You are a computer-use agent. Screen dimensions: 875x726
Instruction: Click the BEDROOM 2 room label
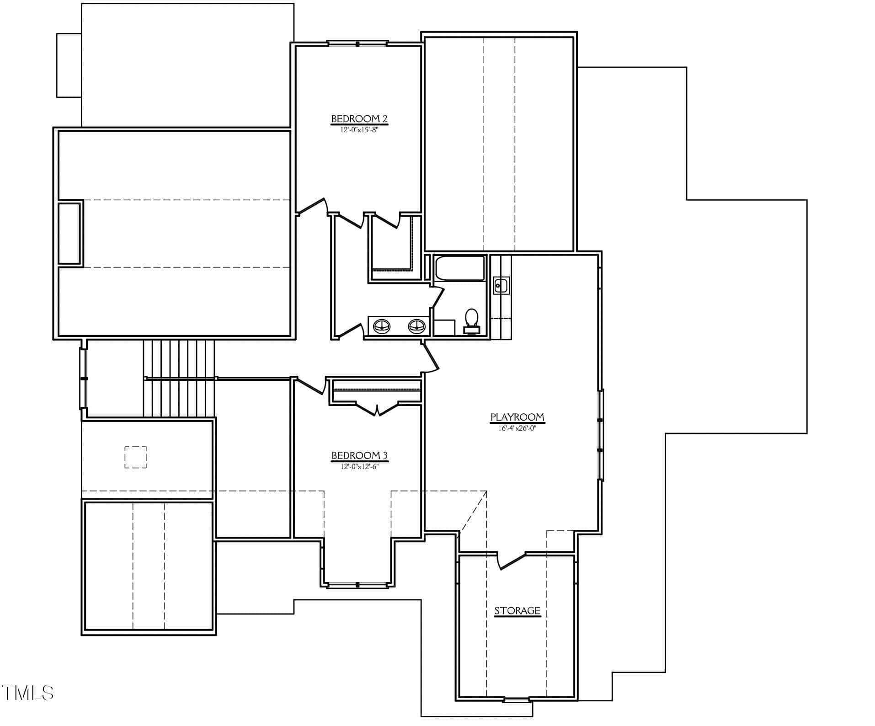pos(359,119)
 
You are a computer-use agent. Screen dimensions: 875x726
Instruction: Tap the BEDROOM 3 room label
pos(359,455)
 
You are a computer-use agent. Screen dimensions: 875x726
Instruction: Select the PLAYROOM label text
pos(517,417)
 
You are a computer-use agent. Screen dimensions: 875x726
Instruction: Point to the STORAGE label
pos(517,611)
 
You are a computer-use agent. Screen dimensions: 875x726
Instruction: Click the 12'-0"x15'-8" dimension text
pos(359,129)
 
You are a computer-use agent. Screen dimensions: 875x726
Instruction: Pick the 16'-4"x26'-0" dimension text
pos(517,428)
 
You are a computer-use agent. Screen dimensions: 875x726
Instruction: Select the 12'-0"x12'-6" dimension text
pos(359,467)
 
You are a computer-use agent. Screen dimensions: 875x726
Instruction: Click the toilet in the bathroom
pos(471,320)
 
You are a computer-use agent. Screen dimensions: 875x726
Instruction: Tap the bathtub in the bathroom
pos(459,268)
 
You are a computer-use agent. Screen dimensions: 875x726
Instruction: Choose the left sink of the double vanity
pos(382,326)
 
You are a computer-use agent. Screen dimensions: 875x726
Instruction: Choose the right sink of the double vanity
pos(416,326)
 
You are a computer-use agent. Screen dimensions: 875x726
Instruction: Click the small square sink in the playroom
pos(501,285)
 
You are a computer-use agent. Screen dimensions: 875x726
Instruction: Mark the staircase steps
pos(179,378)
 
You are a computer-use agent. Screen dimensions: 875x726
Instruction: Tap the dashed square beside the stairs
pos(136,457)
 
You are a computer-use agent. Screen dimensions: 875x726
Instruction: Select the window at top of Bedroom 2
pos(357,44)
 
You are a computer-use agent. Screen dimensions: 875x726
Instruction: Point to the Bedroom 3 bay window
pos(357,585)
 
